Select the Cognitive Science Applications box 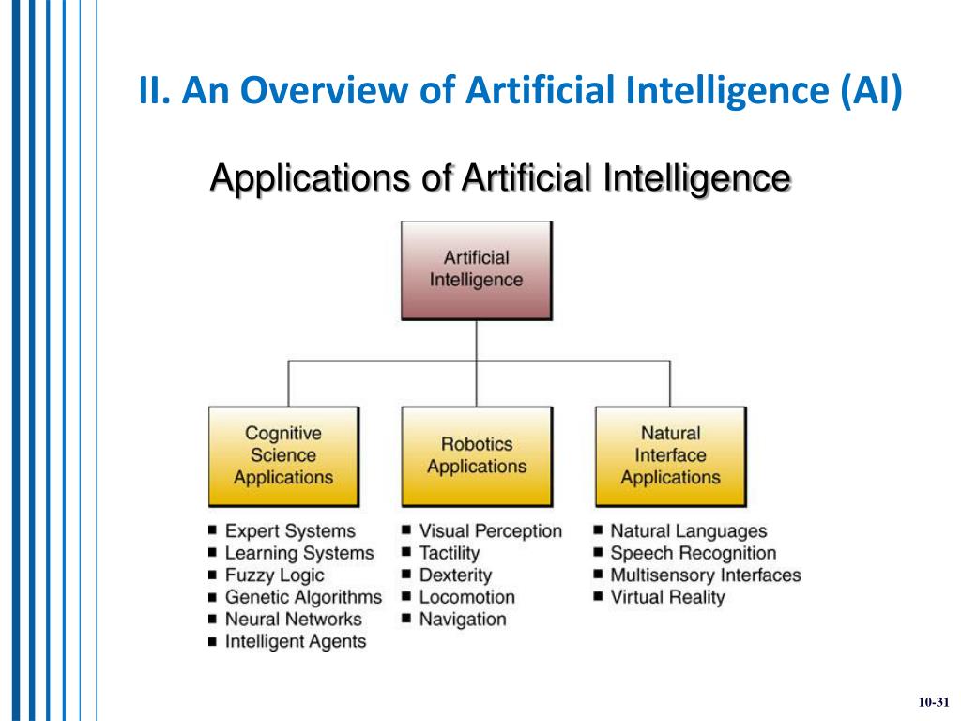tap(282, 455)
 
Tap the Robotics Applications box tap(476, 455)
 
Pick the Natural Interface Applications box tap(670, 455)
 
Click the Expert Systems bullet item tap(290, 531)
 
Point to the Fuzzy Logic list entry tap(274, 575)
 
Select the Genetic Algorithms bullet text tap(303, 597)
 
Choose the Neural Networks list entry tap(293, 620)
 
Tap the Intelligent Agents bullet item tap(296, 642)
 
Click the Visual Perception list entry tap(490, 531)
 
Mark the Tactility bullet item tap(449, 554)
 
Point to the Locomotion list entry tap(466, 597)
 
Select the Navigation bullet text tap(462, 620)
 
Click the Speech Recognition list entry tap(693, 554)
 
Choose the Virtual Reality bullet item tap(667, 597)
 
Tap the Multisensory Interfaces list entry tap(705, 575)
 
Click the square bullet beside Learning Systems tap(213, 554)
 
